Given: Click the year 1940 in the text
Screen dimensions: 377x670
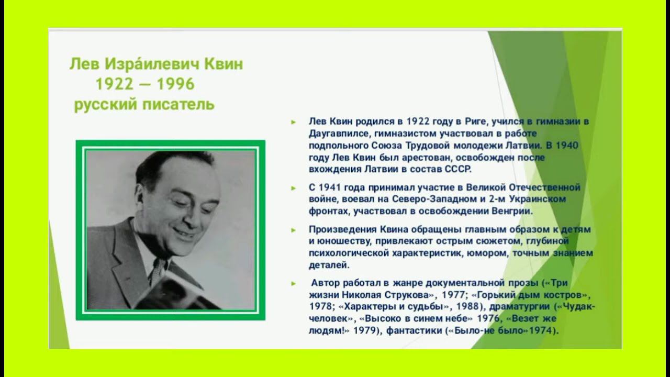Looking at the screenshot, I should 566,146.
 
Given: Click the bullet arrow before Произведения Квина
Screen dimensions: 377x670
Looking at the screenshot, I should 294,230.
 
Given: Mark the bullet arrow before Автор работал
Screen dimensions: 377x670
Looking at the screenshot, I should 294,283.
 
